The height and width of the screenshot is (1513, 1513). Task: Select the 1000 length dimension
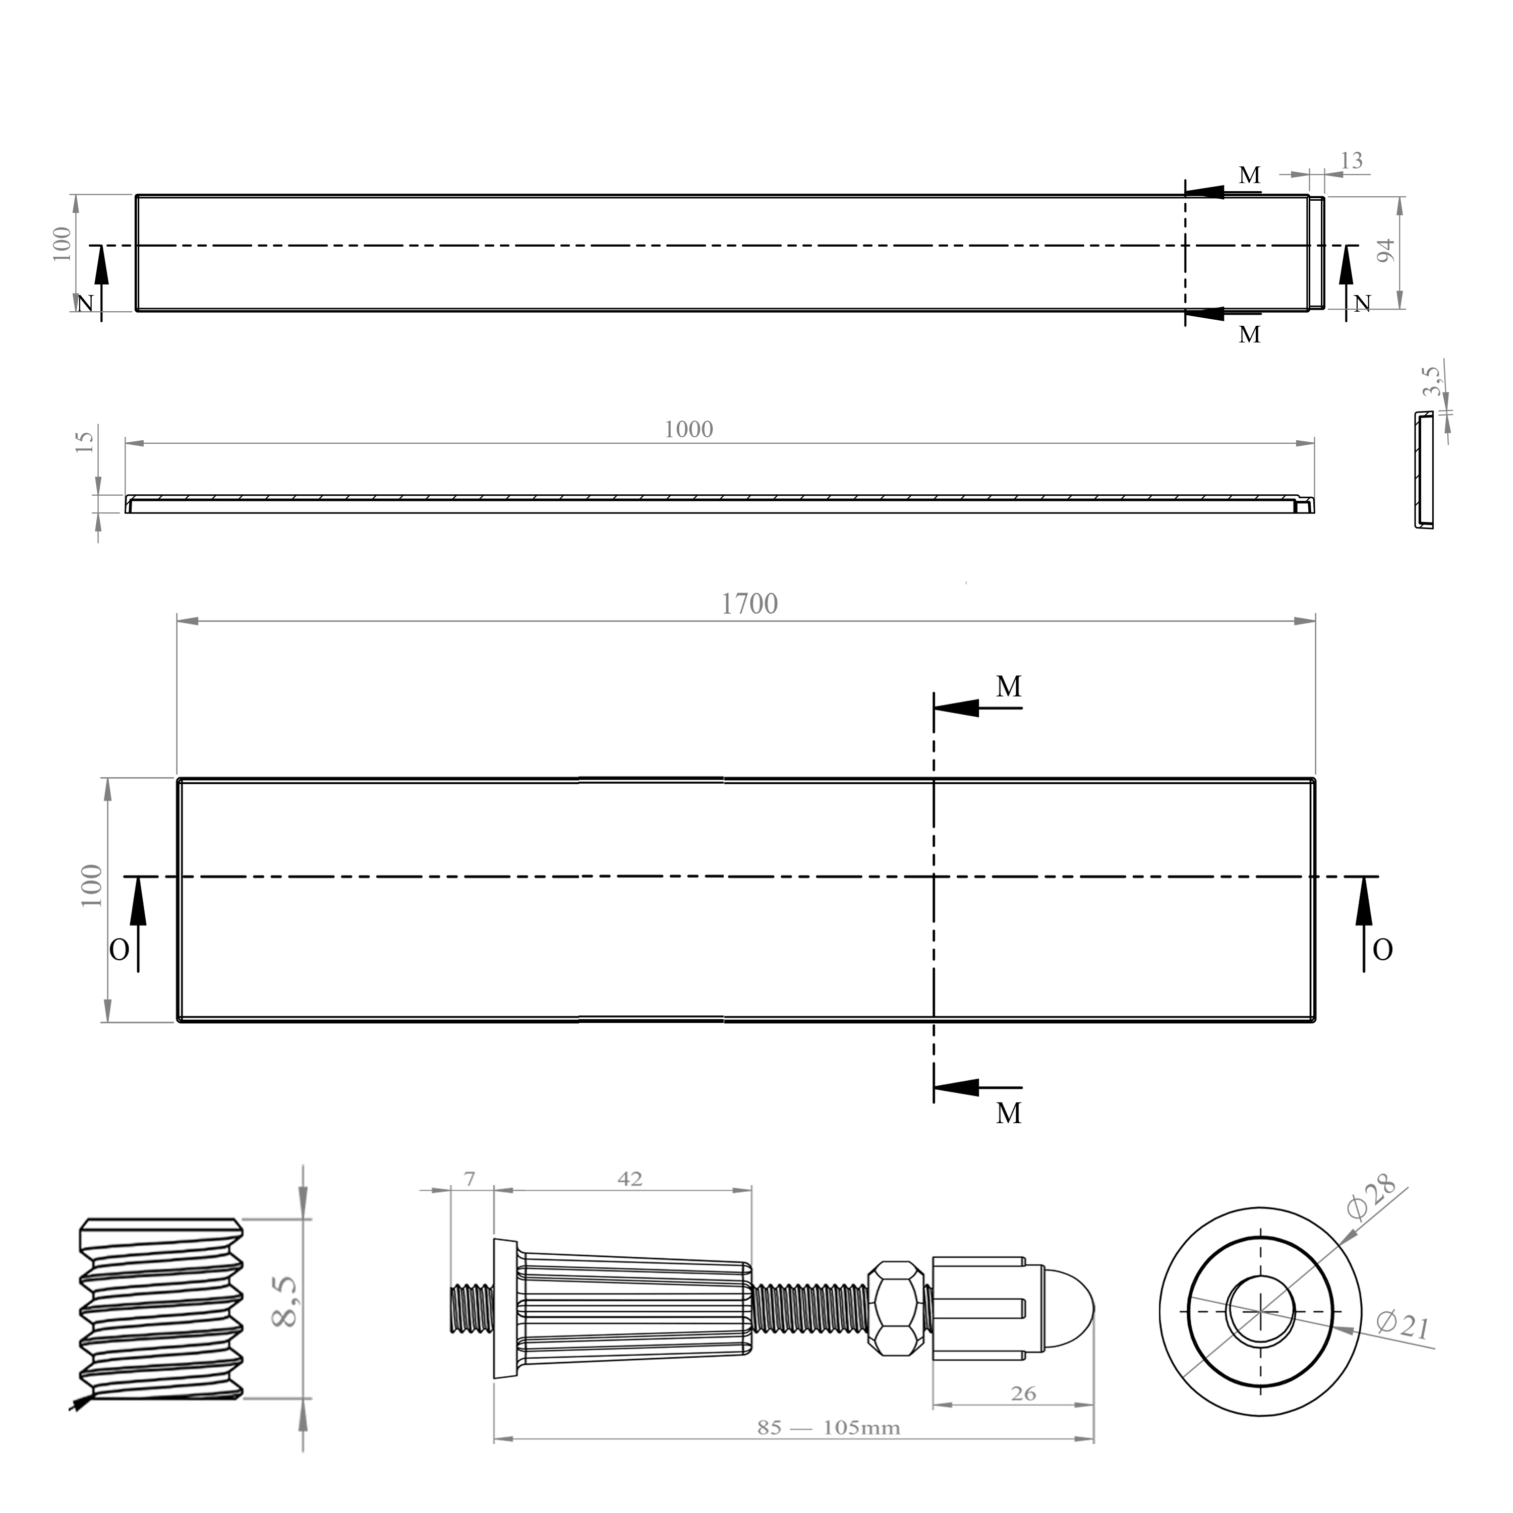(688, 430)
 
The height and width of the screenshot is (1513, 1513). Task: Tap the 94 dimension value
(1385, 251)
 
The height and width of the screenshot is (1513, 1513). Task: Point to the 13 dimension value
(1351, 160)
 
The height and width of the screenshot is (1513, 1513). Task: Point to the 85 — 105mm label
(829, 1428)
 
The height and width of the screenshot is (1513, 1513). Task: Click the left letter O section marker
(119, 951)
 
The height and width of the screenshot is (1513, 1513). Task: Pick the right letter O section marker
(1383, 951)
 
